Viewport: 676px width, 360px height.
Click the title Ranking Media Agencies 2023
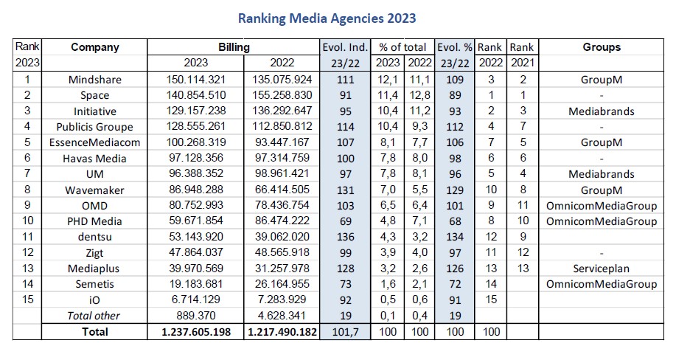pos(337,17)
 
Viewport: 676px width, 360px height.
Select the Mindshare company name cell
pos(94,79)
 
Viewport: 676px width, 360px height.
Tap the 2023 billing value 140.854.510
pos(195,95)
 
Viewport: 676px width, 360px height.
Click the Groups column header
pos(601,47)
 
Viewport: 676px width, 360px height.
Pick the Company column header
pos(94,47)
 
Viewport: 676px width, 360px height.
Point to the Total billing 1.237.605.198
pos(195,332)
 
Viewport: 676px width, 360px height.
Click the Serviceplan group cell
pos(601,269)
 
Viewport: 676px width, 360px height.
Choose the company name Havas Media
pos(94,158)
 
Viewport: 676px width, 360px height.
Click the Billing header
pos(234,47)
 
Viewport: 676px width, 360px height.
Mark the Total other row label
pos(94,316)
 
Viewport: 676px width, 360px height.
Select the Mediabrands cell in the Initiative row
pos(601,111)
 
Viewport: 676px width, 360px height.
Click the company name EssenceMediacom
pos(94,142)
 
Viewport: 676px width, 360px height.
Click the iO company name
pos(94,300)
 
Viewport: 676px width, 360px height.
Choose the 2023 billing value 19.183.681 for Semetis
pos(195,284)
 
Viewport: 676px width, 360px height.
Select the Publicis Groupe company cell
pos(94,126)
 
